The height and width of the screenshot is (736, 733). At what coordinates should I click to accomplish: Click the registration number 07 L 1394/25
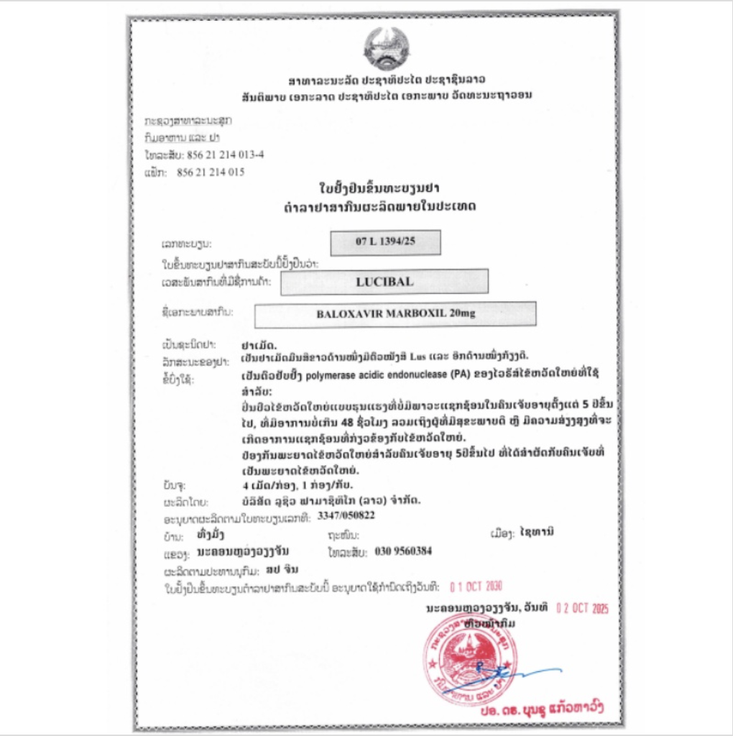[385, 242]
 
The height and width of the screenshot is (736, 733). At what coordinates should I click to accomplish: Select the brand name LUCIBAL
[384, 282]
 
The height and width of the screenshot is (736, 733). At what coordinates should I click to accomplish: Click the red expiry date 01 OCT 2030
[476, 586]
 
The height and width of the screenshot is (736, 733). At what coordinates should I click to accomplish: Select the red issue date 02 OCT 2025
[582, 608]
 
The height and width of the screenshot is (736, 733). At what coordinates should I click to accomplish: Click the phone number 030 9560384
[403, 551]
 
